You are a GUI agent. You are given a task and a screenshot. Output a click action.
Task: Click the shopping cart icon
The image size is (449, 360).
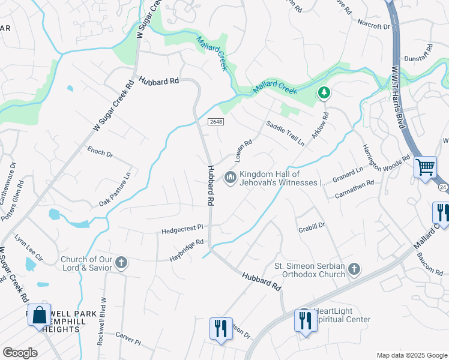(425, 167)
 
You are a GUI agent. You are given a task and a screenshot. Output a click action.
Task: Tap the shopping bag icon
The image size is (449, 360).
(40, 315)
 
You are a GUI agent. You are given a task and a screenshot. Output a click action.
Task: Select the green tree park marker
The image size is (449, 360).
(324, 92)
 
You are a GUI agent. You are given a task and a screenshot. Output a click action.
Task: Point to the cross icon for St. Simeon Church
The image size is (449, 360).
(354, 269)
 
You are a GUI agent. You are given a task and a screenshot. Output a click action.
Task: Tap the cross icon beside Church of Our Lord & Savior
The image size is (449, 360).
(121, 263)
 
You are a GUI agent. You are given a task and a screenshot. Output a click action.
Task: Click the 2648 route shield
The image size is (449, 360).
(216, 122)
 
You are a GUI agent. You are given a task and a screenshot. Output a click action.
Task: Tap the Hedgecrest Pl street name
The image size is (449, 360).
(183, 229)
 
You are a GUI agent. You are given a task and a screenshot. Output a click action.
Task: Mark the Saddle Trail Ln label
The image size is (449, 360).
(286, 133)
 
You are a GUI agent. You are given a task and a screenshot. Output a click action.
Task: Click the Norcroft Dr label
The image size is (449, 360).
(373, 26)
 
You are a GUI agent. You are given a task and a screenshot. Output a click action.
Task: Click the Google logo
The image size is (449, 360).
(20, 353)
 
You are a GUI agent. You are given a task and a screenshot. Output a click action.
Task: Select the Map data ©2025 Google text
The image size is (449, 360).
(411, 355)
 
